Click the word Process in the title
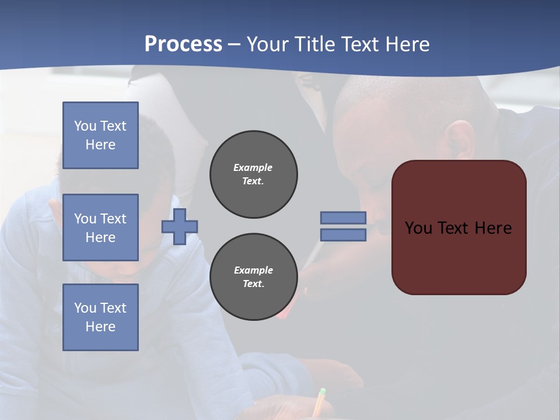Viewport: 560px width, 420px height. [x=183, y=44]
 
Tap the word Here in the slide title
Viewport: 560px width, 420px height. [x=408, y=44]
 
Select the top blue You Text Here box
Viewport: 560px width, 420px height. [x=100, y=135]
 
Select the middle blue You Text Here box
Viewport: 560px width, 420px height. [x=100, y=228]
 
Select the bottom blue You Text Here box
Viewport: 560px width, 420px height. [x=100, y=317]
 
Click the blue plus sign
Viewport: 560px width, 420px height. [x=180, y=226]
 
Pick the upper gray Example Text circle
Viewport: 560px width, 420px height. [x=253, y=174]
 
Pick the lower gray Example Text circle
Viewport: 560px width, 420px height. [x=253, y=277]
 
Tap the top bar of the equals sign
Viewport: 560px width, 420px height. [x=343, y=218]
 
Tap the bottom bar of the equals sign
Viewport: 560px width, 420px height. [x=343, y=235]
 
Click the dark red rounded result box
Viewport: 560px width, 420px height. [x=459, y=257]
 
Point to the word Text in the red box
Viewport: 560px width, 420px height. [x=454, y=228]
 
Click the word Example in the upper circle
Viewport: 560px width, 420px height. [x=253, y=167]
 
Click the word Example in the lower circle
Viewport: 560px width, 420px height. [x=253, y=270]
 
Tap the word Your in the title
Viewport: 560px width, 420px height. [x=265, y=44]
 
